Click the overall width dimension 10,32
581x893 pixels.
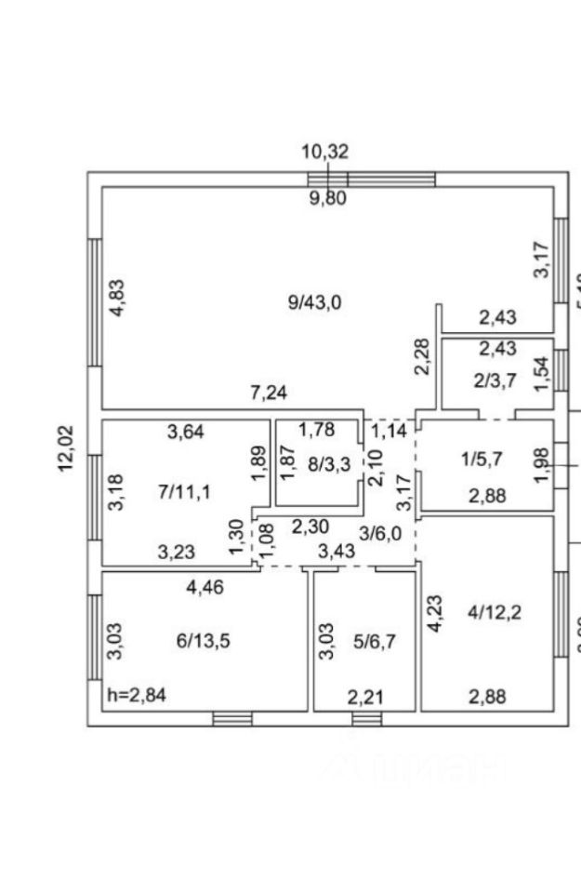coord(324,152)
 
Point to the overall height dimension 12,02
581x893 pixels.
coord(67,448)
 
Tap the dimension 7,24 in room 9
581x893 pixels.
coord(269,393)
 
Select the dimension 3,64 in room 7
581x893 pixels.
coord(186,431)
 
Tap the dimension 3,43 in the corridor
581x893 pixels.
coord(336,553)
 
